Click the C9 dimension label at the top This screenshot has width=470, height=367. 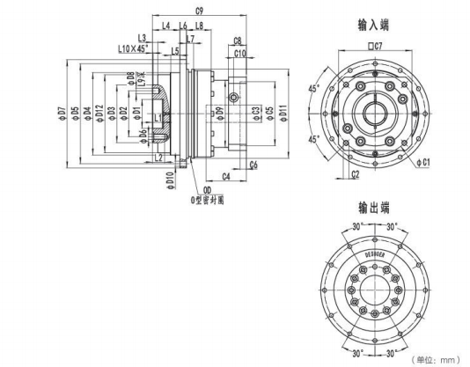point(200,11)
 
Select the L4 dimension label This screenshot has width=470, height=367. point(166,26)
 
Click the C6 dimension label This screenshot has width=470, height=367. point(253,165)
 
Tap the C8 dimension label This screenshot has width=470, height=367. point(238,41)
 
